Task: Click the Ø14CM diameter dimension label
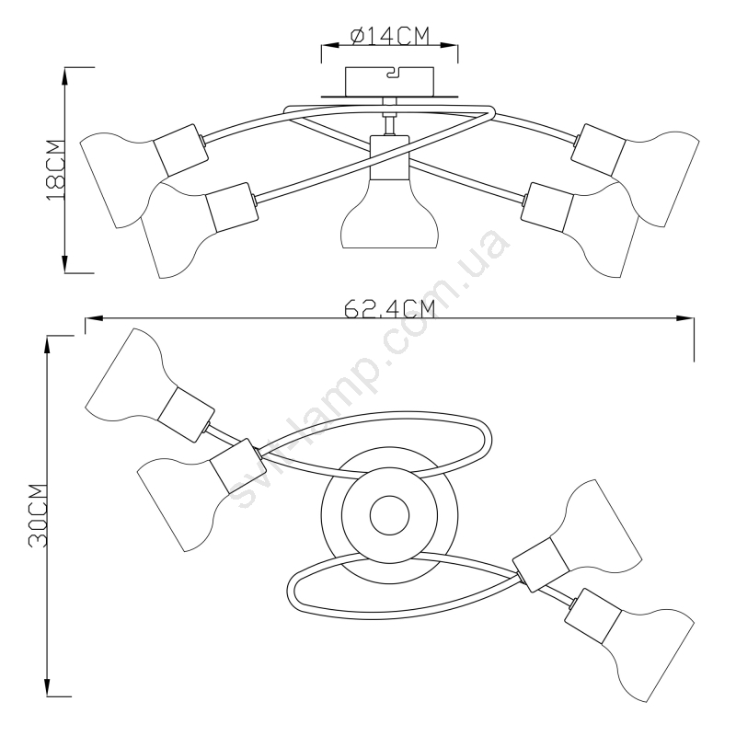point(390,36)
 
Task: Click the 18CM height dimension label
point(55,169)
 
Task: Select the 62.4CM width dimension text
point(389,309)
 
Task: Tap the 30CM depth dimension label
point(39,515)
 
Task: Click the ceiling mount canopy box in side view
point(389,81)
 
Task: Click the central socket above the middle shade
point(389,157)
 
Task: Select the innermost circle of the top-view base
point(389,515)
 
